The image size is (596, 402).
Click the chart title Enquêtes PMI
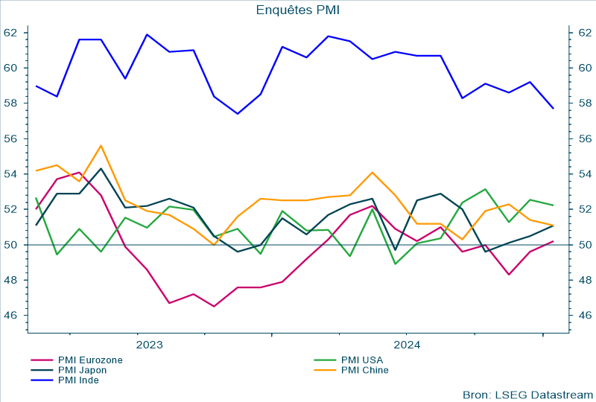coord(297,10)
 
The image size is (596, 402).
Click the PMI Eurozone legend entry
coord(90,360)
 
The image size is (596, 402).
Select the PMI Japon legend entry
coord(82,369)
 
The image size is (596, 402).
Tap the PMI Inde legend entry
coord(78,380)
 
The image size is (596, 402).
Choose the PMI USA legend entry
coord(361,360)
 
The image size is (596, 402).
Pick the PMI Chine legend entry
coord(364,369)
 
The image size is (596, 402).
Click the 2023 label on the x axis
coord(149,345)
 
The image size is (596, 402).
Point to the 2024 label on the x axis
coord(406,345)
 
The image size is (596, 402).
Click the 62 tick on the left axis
coord(10,33)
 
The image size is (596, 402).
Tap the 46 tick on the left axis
coord(10,316)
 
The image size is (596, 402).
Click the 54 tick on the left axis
coord(10,174)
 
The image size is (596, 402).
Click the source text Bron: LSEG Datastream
coord(527,394)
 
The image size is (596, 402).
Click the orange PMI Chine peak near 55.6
coord(101,145)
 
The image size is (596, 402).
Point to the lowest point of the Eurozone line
coord(214,307)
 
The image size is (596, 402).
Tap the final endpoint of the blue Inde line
coord(553,109)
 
